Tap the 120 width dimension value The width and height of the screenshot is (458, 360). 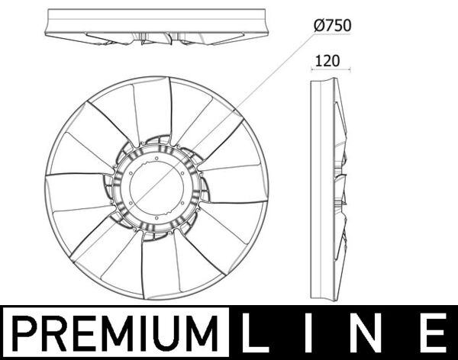(326, 59)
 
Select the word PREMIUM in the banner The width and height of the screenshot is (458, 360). (117, 333)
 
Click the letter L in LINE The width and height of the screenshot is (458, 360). (259, 333)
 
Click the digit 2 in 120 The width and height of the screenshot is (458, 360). (326, 59)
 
